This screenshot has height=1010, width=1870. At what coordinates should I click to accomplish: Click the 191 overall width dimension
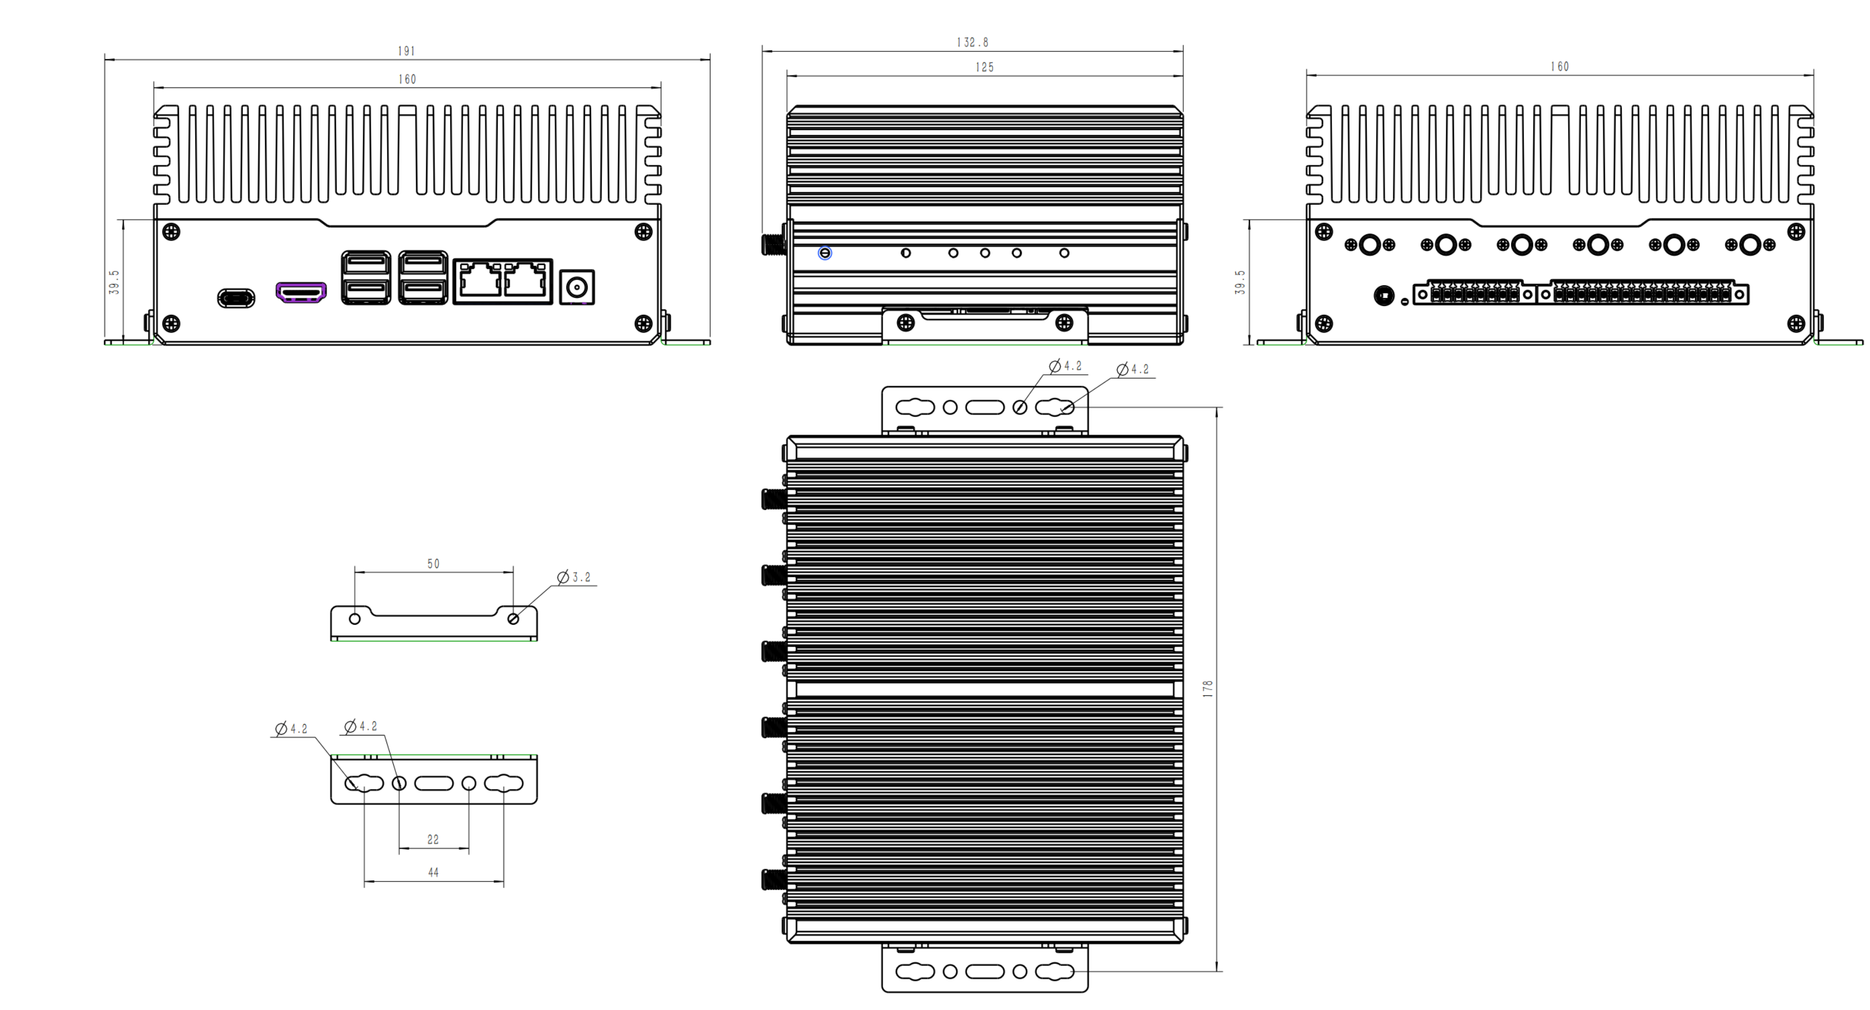(407, 51)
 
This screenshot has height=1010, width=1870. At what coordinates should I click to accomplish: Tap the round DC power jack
(577, 287)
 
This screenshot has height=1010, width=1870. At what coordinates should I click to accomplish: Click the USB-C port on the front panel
(236, 298)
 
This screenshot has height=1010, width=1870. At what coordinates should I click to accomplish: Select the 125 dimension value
(984, 67)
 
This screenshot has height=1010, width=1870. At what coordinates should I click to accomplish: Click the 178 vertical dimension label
(1207, 688)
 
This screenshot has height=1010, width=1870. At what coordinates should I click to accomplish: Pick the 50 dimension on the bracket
(433, 564)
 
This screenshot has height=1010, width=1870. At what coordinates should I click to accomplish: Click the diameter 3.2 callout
(574, 577)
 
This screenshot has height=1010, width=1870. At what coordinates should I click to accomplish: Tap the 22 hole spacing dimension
(433, 839)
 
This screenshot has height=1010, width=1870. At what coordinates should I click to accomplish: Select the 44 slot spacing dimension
(433, 872)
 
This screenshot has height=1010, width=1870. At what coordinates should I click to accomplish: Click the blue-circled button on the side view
(825, 253)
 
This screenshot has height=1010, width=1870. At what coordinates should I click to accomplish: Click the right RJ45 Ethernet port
(526, 280)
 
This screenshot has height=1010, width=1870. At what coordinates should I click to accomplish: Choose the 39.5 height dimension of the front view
(114, 282)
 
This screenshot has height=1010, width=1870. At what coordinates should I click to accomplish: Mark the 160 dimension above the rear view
(1559, 67)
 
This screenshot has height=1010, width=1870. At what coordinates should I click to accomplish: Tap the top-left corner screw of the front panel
(171, 232)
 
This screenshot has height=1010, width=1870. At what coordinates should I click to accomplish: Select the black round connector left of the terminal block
(1383, 295)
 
